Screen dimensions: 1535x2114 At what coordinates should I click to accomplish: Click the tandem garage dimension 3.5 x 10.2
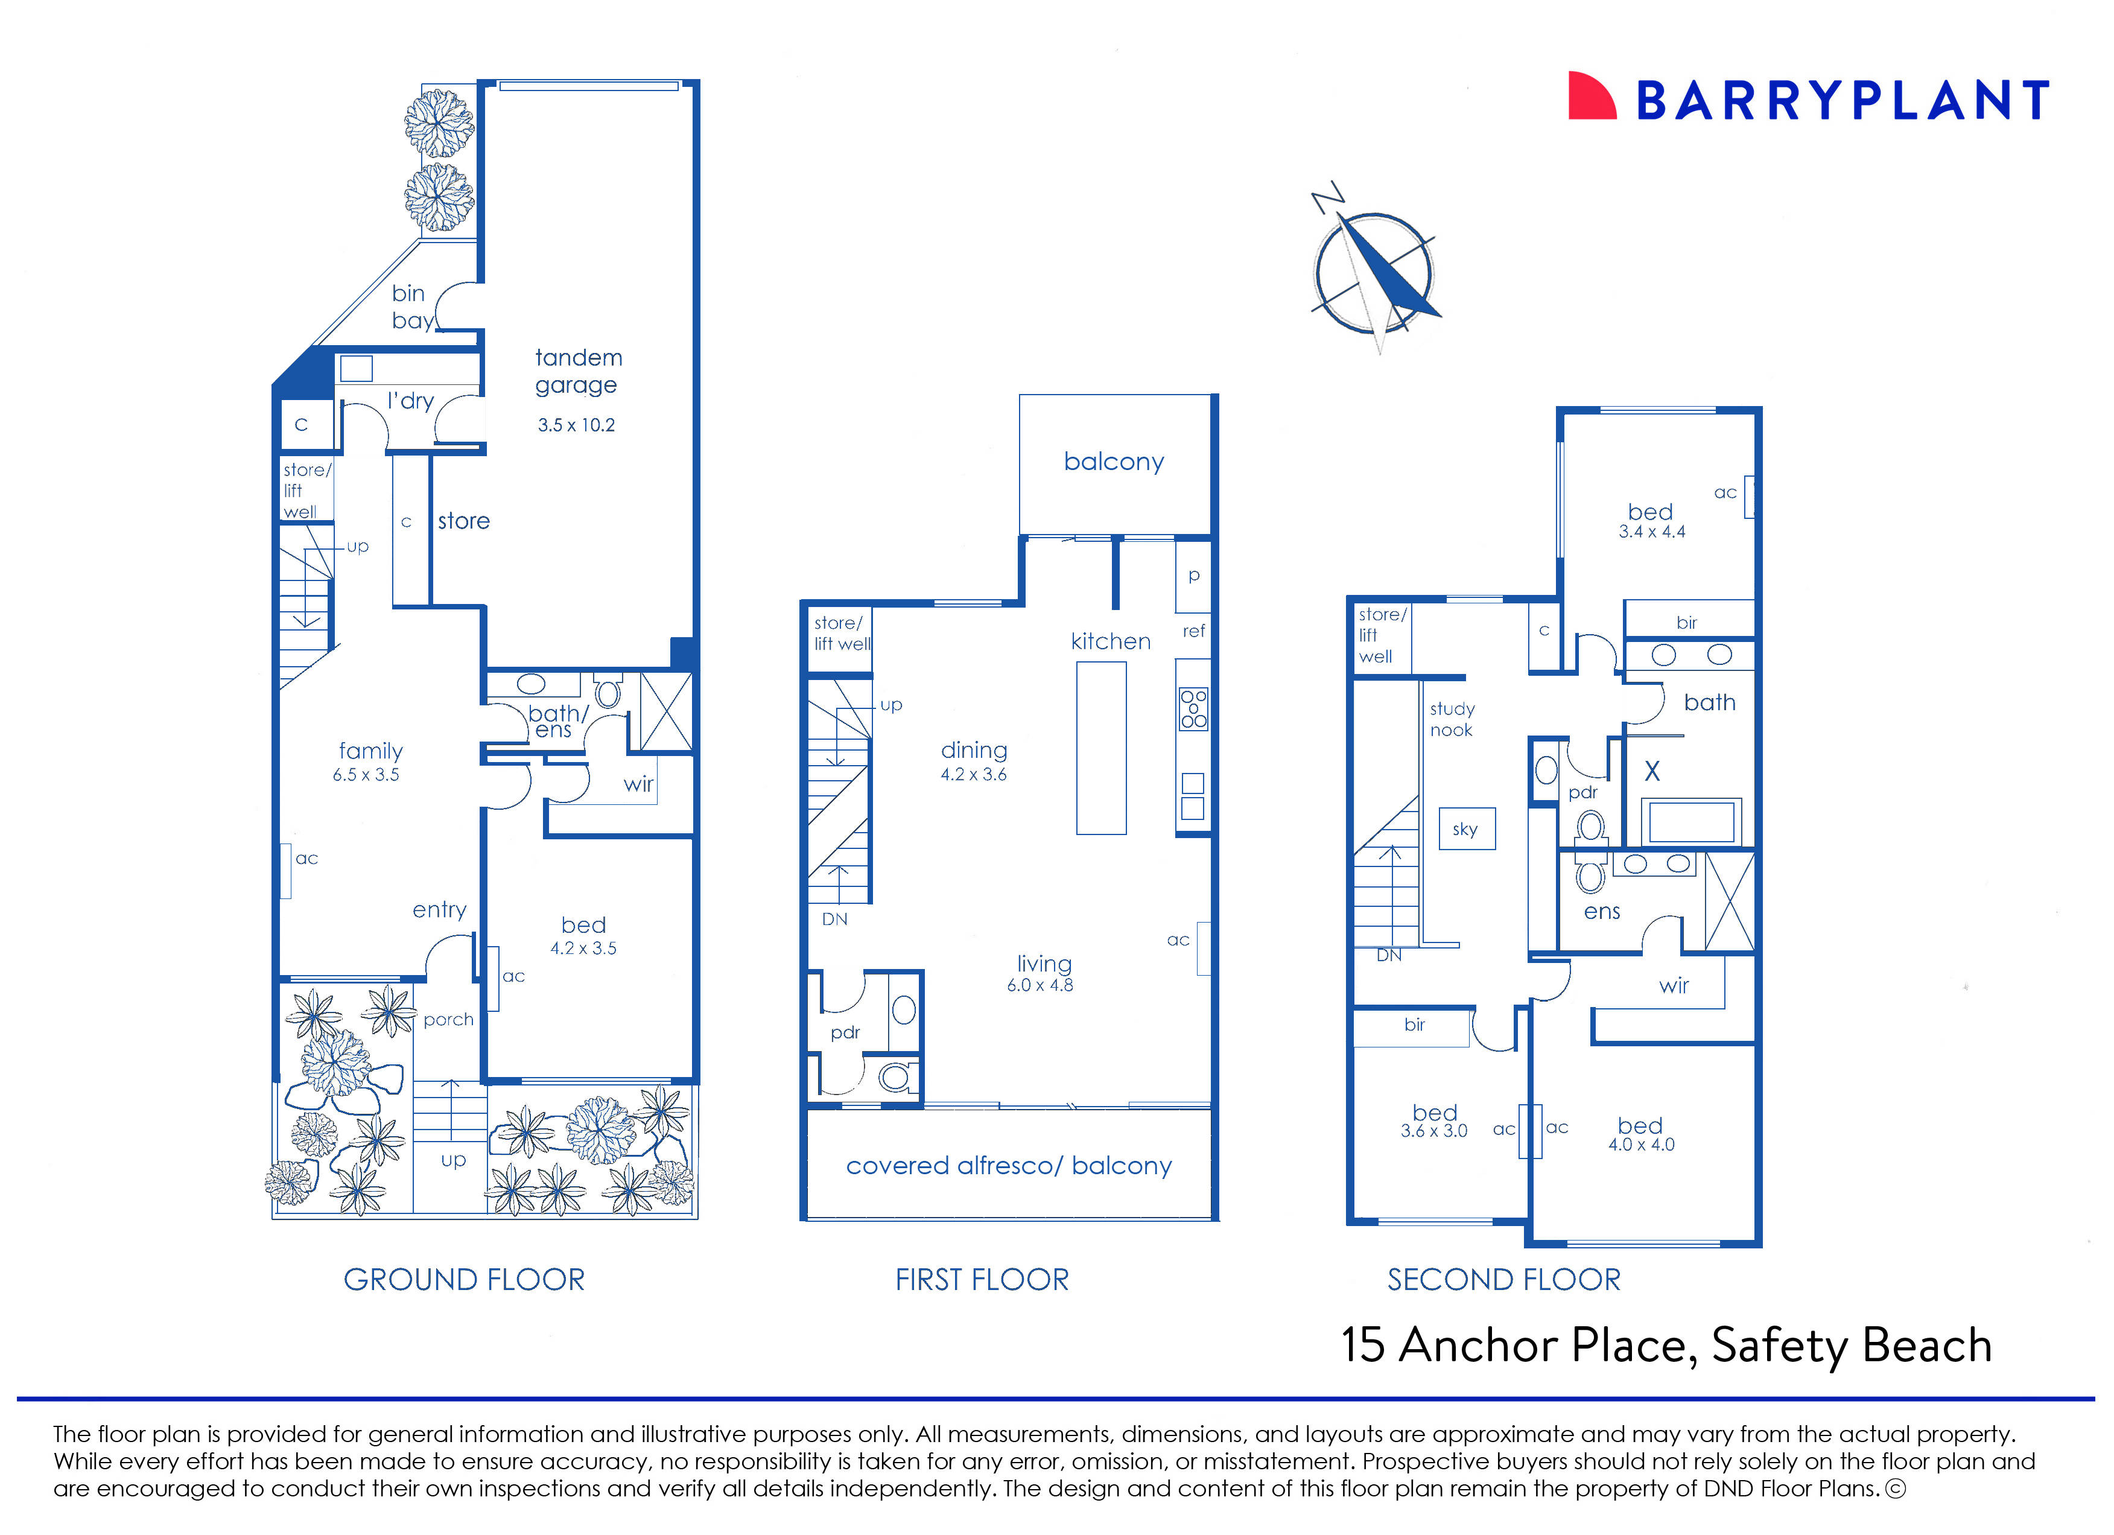[576, 425]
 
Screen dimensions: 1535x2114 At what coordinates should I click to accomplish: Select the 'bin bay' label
[411, 307]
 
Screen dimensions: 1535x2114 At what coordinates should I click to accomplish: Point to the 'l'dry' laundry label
[410, 401]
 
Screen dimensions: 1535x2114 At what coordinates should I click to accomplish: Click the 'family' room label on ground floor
[370, 751]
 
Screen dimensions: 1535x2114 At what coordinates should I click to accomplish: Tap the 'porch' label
[448, 1020]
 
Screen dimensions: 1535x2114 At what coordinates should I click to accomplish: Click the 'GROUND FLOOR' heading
[464, 1280]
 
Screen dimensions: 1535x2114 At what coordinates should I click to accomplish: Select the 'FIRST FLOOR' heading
[982, 1280]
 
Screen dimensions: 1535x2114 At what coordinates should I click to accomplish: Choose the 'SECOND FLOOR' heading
[1503, 1280]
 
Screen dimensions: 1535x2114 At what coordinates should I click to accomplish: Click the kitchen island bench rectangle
[1101, 748]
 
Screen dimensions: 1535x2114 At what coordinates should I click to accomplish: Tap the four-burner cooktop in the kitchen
[1193, 708]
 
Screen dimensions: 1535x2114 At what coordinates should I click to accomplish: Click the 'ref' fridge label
[1194, 631]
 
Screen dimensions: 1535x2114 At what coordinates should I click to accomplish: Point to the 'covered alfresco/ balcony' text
[1009, 1166]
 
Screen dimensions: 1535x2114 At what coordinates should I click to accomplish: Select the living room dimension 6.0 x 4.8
[1040, 985]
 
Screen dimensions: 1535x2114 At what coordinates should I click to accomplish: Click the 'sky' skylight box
[1465, 828]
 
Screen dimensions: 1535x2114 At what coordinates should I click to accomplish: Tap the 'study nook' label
[1452, 719]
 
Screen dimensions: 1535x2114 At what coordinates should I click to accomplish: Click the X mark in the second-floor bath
[1652, 771]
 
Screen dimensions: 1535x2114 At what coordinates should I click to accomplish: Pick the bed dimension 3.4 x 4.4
[1652, 532]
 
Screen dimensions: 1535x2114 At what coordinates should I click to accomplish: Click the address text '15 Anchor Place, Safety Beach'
[1666, 1345]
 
